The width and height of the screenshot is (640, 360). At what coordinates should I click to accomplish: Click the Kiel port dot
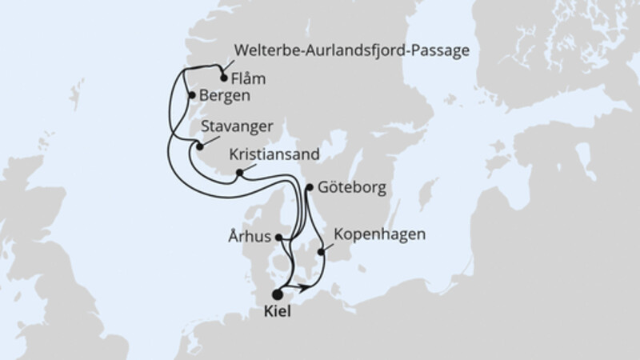(x=278, y=294)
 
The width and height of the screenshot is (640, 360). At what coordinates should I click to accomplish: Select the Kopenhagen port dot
(x=322, y=252)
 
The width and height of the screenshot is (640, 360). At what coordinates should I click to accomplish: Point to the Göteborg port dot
(x=309, y=188)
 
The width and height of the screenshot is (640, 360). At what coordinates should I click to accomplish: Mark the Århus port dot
(x=278, y=237)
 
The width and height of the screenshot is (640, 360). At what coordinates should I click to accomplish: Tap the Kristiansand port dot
(x=238, y=172)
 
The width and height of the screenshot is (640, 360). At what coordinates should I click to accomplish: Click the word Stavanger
(x=240, y=126)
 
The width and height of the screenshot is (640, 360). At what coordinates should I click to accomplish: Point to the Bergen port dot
(x=191, y=95)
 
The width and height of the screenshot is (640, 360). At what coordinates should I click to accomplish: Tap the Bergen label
(x=225, y=95)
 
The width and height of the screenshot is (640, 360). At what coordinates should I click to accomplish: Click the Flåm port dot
(x=223, y=78)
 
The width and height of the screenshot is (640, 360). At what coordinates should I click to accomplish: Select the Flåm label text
(x=249, y=79)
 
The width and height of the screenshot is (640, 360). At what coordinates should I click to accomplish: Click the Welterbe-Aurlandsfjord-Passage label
(x=351, y=52)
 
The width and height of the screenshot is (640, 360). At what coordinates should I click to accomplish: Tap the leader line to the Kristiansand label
(x=250, y=166)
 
